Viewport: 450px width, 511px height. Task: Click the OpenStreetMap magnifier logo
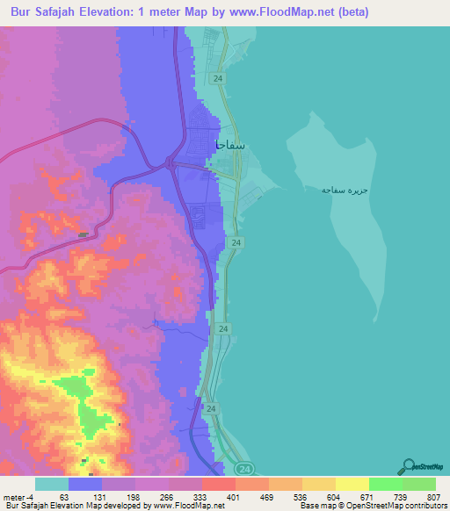pyautogui.click(x=410, y=465)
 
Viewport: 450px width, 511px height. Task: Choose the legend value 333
pyautogui.click(x=201, y=495)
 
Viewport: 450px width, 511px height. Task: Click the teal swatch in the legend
pyautogui.click(x=52, y=484)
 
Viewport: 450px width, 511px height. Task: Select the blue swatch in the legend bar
pyautogui.click(x=85, y=484)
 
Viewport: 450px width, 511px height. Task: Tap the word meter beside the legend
pyautogui.click(x=15, y=495)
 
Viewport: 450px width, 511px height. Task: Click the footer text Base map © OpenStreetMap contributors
pyautogui.click(x=373, y=506)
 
